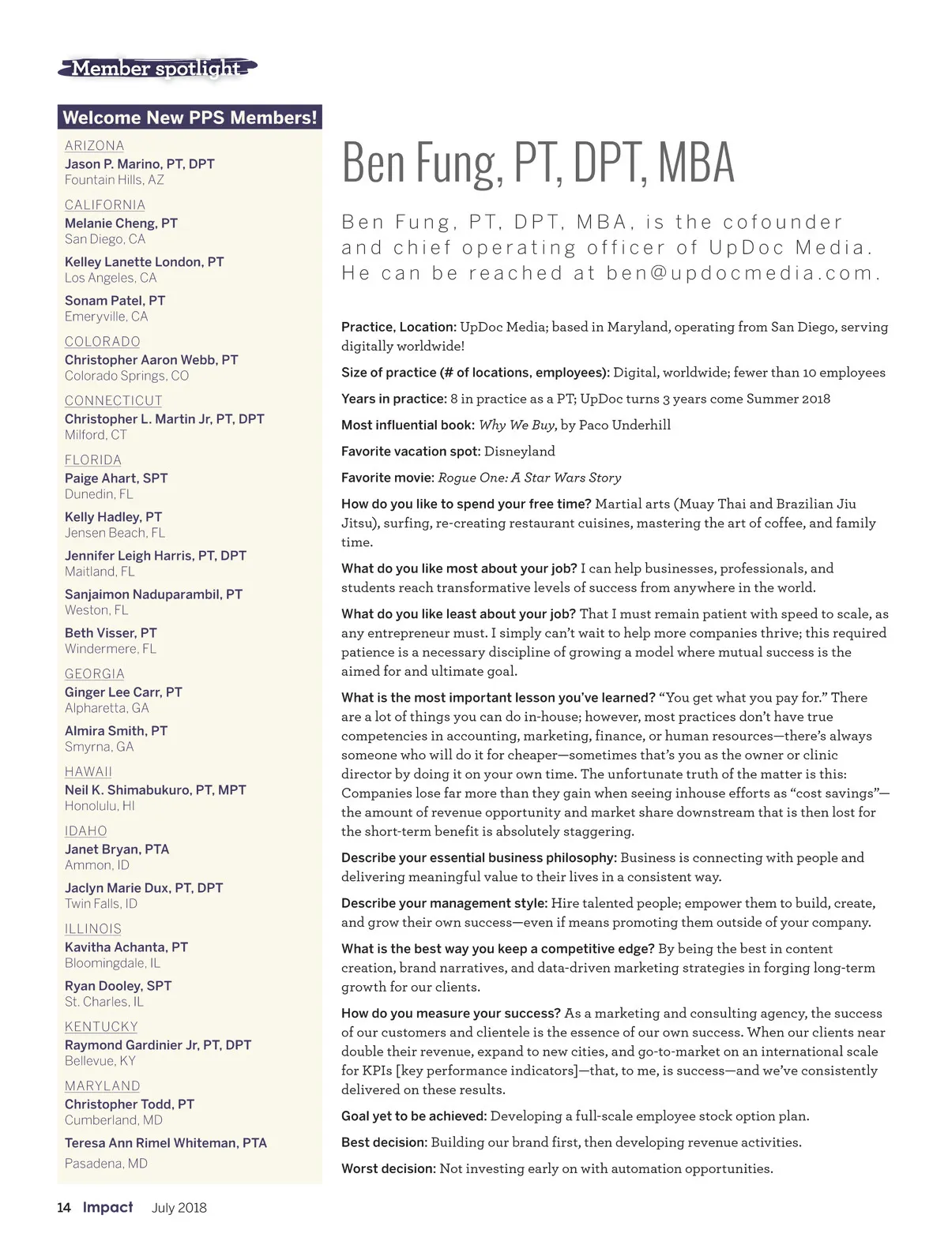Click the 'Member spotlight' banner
(x=156, y=69)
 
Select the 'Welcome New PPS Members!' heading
(x=190, y=118)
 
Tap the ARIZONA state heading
(x=94, y=145)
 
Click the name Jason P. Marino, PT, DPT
(x=139, y=163)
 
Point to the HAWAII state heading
(x=88, y=771)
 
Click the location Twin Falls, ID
(x=101, y=903)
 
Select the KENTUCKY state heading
(x=101, y=1026)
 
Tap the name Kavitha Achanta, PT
(x=126, y=947)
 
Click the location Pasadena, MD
(x=106, y=1163)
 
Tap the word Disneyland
(x=519, y=451)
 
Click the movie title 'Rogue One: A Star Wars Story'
(x=529, y=478)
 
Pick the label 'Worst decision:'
(x=388, y=1168)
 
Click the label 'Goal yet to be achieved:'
(x=414, y=1116)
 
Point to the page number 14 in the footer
(x=64, y=1207)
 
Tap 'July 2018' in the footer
(x=179, y=1207)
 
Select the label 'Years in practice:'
(x=393, y=399)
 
